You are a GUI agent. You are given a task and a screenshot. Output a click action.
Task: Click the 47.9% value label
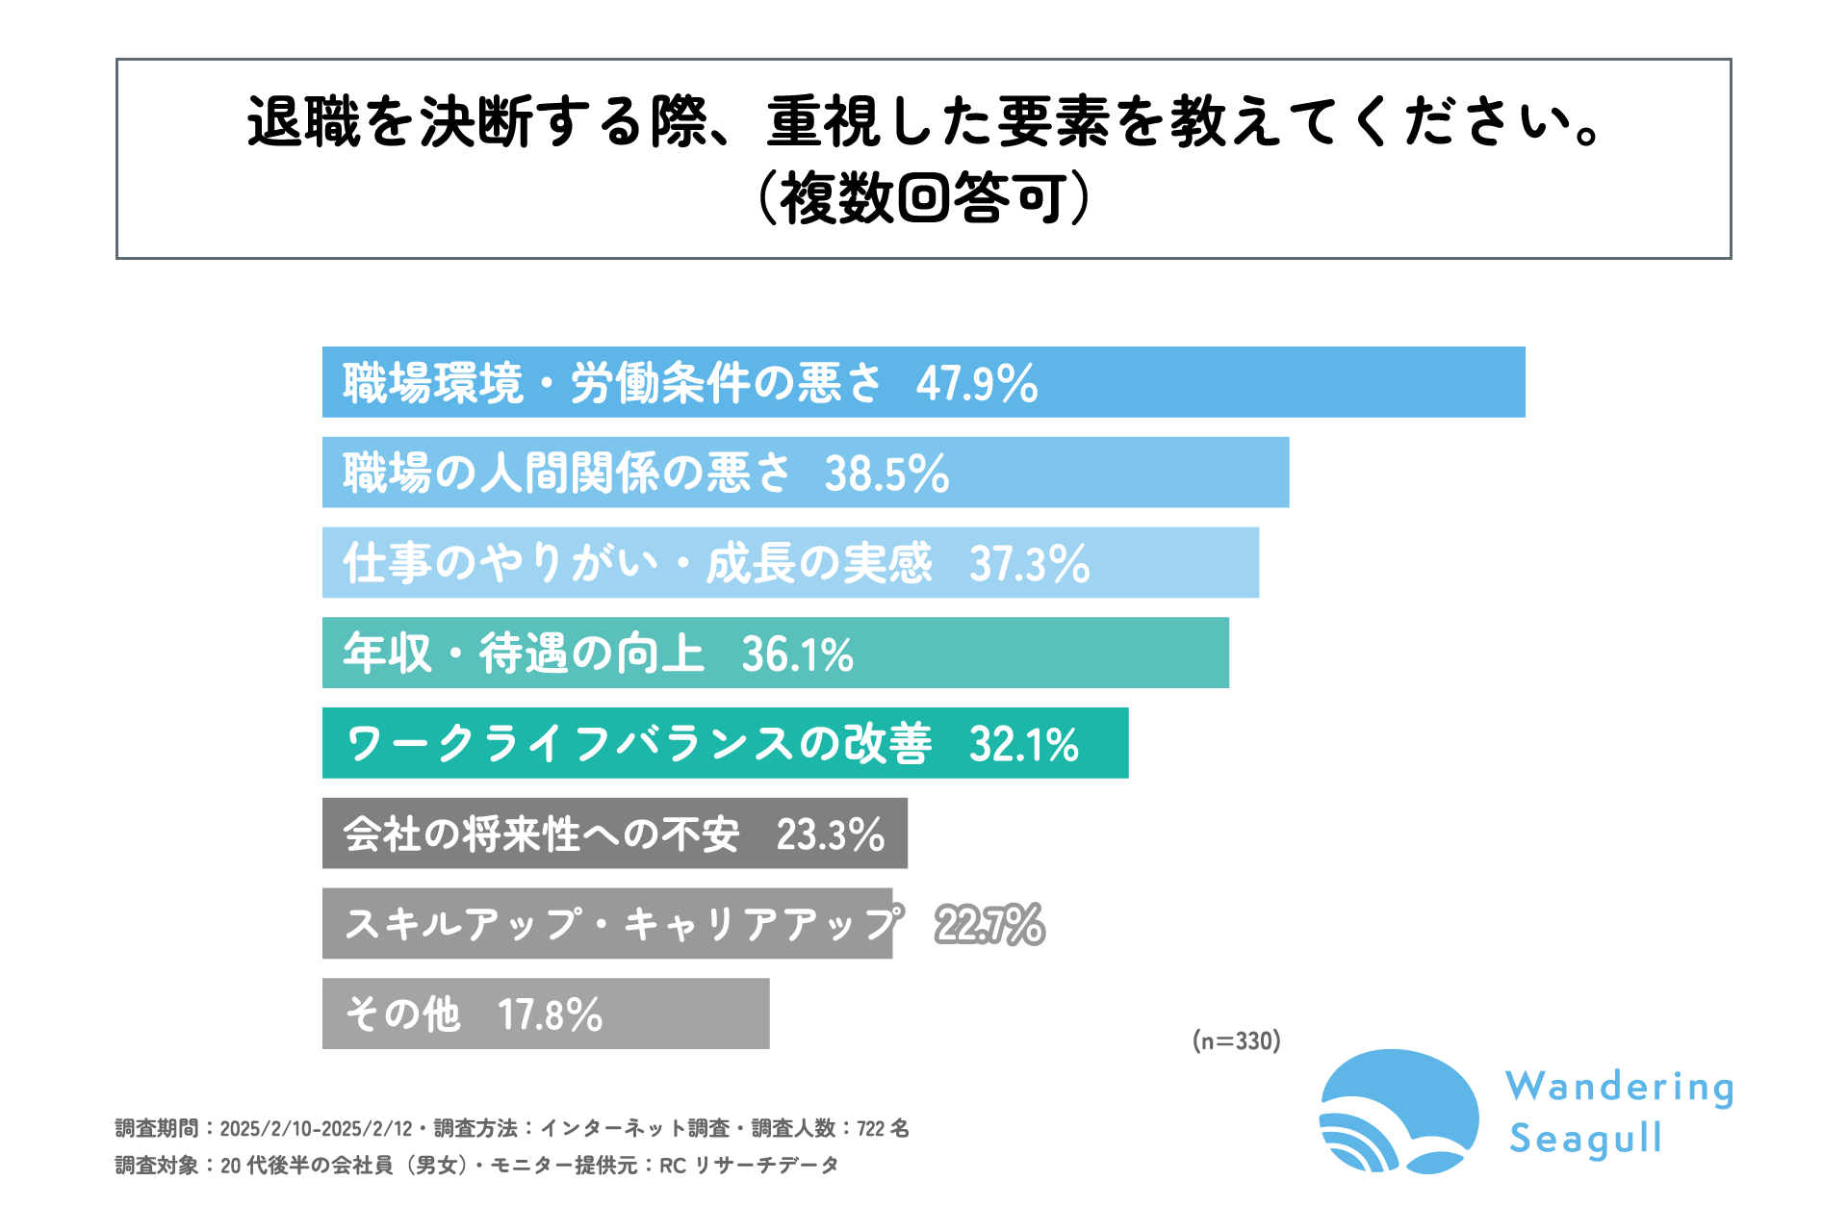tap(976, 383)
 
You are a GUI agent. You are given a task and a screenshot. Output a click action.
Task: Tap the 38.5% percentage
tap(886, 474)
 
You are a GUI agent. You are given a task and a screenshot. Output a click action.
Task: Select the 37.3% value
tap(1029, 564)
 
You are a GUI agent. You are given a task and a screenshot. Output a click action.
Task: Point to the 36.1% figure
tap(797, 654)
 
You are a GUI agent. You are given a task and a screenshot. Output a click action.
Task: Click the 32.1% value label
tap(1024, 744)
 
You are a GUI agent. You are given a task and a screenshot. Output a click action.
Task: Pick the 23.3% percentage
tap(830, 834)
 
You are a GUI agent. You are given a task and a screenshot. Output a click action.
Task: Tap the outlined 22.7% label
tap(989, 925)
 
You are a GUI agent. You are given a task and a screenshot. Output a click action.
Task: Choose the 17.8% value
tap(550, 1014)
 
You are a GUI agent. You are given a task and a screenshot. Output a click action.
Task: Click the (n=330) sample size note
tap(1236, 1040)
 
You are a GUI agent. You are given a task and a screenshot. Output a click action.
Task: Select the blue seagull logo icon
tap(1399, 1112)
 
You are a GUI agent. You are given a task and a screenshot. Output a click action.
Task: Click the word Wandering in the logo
tap(1620, 1088)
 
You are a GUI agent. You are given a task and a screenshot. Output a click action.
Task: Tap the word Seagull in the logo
tap(1585, 1139)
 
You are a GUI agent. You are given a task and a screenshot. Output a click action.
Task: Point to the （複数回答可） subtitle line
tap(924, 198)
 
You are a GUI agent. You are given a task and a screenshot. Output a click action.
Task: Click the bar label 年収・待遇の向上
tap(524, 654)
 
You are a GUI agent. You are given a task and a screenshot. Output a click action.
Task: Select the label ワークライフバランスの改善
tap(638, 744)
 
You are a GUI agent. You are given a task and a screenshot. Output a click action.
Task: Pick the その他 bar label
tap(402, 1014)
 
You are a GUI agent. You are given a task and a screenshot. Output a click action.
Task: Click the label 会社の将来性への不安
tap(541, 834)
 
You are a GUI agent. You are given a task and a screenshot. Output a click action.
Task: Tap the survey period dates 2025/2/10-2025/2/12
tap(316, 1128)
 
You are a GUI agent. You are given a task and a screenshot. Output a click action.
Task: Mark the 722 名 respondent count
tap(883, 1128)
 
